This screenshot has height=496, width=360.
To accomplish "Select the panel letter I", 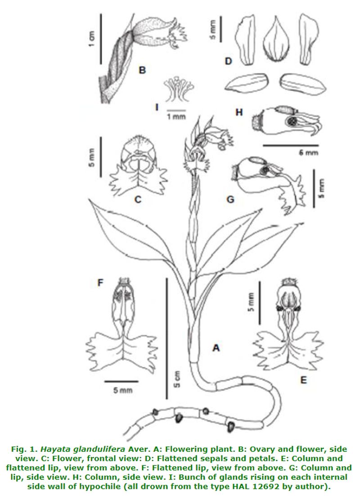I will click(157, 107).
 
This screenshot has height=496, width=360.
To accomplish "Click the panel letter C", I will click(138, 199).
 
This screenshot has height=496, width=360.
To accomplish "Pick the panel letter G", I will click(230, 198).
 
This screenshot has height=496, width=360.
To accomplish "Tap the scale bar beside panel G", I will click(314, 184).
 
